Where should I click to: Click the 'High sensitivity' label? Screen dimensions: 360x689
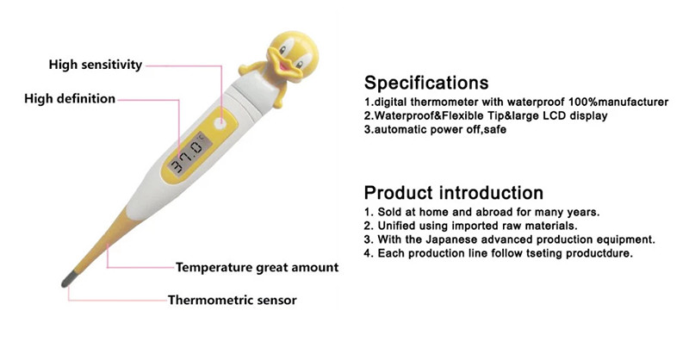[x=94, y=64]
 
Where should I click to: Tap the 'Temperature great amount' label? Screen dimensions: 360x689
[x=257, y=267]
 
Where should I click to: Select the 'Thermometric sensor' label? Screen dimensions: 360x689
[x=232, y=300]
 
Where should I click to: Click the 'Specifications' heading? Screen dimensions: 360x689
[x=426, y=83]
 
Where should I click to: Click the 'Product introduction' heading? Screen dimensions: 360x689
[x=453, y=192]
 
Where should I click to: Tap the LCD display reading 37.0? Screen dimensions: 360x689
[x=188, y=160]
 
